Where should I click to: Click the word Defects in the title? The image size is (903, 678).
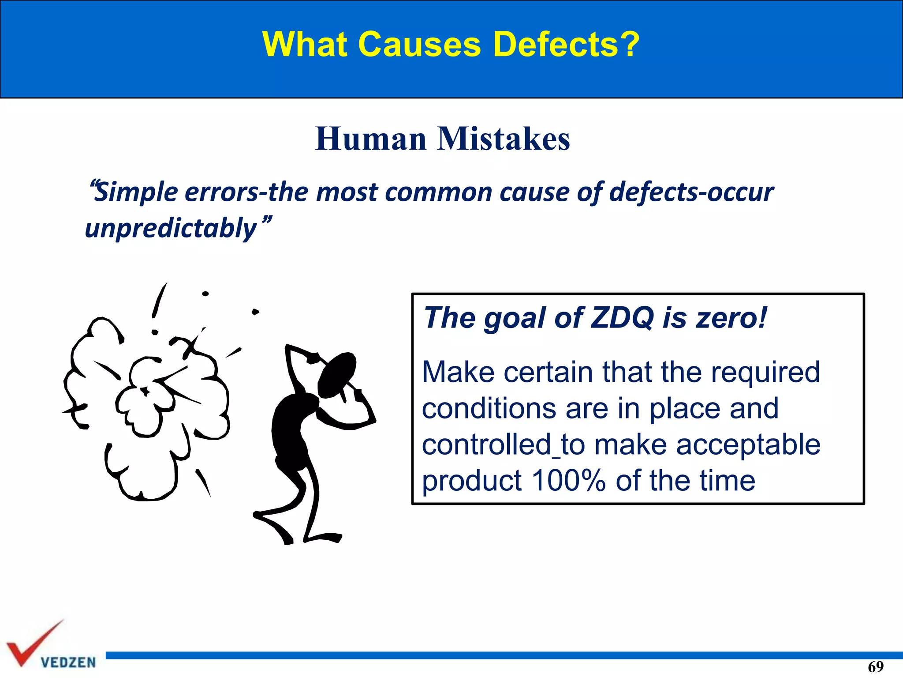566,44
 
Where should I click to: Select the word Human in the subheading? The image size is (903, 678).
371,139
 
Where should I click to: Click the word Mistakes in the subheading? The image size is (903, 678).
504,139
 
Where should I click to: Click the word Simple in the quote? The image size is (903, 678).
136,192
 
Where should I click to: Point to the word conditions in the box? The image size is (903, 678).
489,408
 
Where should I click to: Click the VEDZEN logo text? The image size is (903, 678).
68,662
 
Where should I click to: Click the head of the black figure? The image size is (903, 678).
337,374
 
